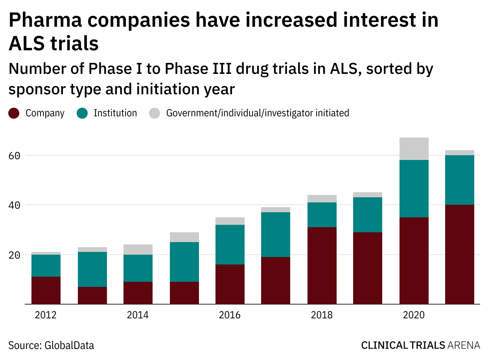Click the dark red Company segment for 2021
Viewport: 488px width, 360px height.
click(x=459, y=254)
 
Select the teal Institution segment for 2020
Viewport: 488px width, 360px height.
click(x=414, y=189)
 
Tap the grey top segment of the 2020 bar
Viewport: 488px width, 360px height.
click(x=414, y=149)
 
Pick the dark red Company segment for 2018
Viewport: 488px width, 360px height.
click(x=322, y=266)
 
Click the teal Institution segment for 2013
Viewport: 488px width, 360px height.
click(x=92, y=269)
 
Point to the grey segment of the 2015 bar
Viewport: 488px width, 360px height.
click(x=184, y=237)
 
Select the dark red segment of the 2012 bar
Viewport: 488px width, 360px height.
click(x=46, y=290)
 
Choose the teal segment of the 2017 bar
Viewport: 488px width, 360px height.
click(x=276, y=235)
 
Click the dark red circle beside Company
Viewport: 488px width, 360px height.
click(x=14, y=113)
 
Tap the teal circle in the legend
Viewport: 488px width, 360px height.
click(x=82, y=113)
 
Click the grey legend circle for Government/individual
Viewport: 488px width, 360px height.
click(x=155, y=113)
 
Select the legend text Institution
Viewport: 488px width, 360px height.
click(x=115, y=113)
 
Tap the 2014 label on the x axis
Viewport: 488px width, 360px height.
click(x=138, y=315)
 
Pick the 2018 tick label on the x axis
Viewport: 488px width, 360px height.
click(x=322, y=315)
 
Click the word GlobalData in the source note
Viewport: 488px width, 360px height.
click(x=69, y=345)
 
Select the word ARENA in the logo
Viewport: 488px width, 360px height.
click(x=464, y=345)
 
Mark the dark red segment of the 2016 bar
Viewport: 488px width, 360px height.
click(x=230, y=284)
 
